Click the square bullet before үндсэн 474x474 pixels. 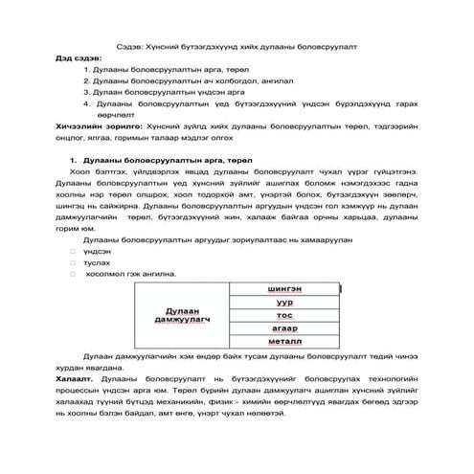(x=73, y=251)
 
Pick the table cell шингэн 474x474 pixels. (x=284, y=289)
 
